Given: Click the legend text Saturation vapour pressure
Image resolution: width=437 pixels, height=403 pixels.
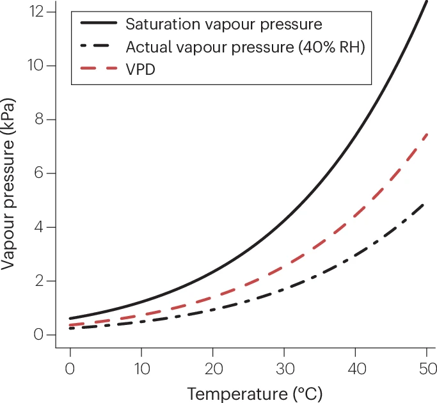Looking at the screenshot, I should pyautogui.click(x=223, y=25).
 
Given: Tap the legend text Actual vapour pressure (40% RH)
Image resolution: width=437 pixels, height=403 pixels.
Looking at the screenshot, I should pyautogui.click(x=245, y=47).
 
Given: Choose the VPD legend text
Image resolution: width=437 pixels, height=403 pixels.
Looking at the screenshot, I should pyautogui.click(x=141, y=68).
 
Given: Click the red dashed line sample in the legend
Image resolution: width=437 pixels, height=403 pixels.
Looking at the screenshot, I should pyautogui.click(x=99, y=68).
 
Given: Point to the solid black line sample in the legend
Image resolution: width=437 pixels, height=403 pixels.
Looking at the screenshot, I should pyautogui.click(x=99, y=25).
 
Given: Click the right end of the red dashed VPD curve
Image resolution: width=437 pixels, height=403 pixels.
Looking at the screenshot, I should pyautogui.click(x=427, y=134).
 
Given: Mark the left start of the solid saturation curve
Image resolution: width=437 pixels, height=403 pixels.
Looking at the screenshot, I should pyautogui.click(x=70, y=318).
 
